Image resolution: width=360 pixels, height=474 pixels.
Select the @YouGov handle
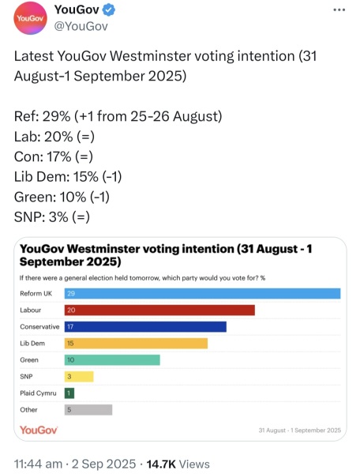point(80,27)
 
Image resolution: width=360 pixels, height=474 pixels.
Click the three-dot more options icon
point(339,9)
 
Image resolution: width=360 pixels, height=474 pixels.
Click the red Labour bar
point(159,310)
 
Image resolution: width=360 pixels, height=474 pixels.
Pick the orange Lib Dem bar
point(135,343)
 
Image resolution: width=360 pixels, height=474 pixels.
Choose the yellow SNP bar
point(79,376)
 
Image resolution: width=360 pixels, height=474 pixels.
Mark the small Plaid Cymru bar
point(69,393)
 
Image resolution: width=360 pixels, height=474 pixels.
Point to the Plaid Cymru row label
point(36,393)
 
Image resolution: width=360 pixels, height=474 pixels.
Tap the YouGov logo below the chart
point(38,430)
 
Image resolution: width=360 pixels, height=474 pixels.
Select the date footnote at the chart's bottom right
point(299,431)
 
